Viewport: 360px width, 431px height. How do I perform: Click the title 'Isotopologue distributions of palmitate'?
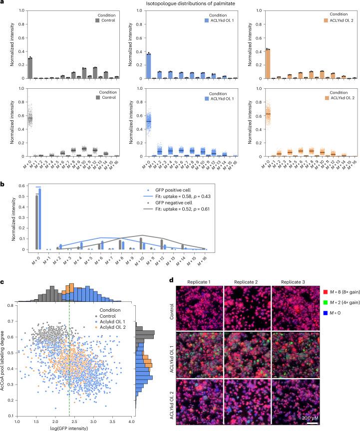tap(180, 4)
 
